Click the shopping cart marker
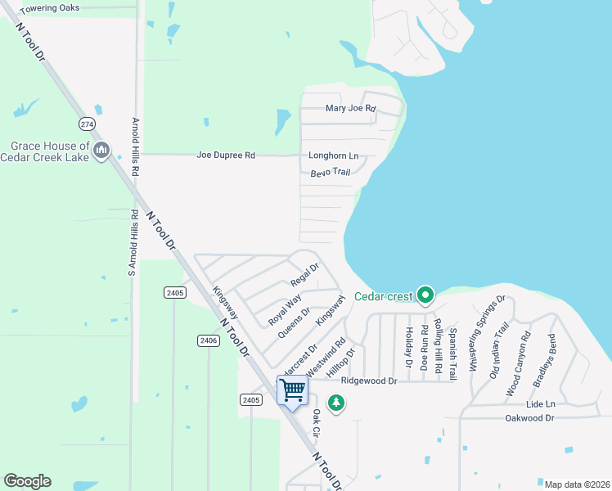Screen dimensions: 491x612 292,390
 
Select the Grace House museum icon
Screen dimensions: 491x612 101,150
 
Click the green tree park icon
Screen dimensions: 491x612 335,402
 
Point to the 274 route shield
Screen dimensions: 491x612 88,124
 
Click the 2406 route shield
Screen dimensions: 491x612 208,340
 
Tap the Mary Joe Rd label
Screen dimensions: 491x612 349,108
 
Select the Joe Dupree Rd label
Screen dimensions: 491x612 226,155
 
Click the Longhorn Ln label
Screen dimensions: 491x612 333,155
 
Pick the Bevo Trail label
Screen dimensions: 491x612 331,173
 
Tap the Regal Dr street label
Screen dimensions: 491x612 304,274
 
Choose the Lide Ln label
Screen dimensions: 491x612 541,404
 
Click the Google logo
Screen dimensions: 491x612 27,481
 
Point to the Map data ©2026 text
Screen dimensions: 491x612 576,484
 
